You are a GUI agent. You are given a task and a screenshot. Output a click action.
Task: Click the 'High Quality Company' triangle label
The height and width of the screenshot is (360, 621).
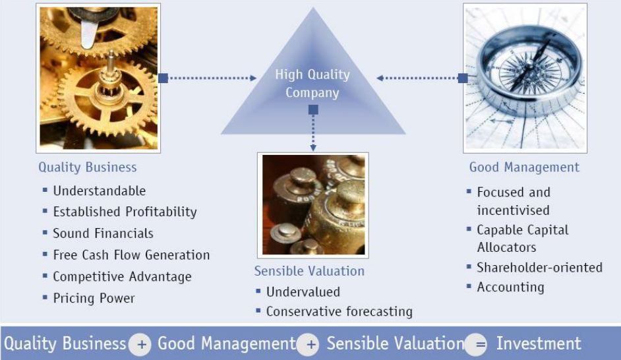coord(312,83)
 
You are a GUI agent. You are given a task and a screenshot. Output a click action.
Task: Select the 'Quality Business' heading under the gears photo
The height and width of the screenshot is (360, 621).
coord(88,167)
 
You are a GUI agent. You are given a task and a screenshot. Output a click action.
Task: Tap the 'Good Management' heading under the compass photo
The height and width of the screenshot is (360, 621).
coord(524,167)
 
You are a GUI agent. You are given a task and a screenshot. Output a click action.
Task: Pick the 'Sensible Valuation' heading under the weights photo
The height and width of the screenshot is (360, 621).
coord(309,271)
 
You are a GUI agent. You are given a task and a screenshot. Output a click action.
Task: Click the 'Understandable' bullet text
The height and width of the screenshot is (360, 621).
coord(100,191)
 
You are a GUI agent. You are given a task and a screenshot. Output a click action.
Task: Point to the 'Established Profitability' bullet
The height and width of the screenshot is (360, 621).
coord(125,212)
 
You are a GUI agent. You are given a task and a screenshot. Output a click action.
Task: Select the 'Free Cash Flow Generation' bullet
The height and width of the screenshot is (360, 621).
coord(131,255)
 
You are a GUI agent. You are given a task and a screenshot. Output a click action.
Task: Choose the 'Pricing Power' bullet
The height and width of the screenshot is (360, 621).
coord(94,298)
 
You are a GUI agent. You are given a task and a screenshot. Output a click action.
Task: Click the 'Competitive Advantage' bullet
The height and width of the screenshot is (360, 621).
coord(123,277)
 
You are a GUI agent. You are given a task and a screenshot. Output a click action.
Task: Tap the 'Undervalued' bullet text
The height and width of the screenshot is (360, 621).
coord(303,292)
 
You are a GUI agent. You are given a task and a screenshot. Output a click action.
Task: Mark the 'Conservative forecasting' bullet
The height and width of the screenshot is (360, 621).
coord(340,312)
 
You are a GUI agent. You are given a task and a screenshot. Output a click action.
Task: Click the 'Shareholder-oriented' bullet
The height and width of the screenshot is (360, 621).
coord(539,268)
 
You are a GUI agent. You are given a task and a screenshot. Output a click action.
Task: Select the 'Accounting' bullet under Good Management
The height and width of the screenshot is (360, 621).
coord(510,287)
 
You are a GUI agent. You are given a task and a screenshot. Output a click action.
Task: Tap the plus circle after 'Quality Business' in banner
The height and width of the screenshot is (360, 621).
coord(140,344)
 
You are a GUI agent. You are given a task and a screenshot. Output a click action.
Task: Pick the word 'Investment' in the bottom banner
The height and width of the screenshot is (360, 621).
coord(539,344)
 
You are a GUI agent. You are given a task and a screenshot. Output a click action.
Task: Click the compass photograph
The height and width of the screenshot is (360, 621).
coord(525,78)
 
